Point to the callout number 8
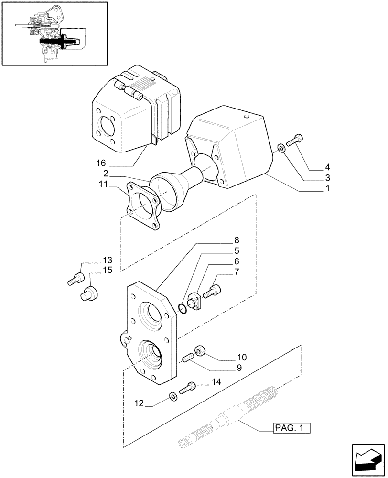(x=237, y=240)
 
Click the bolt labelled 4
(x=295, y=140)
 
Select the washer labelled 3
(x=282, y=148)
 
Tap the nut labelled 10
(x=200, y=350)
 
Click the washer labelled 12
(x=172, y=396)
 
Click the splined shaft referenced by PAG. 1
(x=225, y=416)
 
